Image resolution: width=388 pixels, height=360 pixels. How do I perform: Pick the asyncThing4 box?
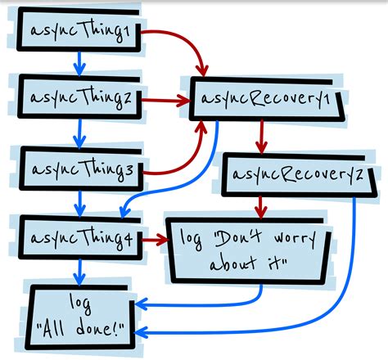79,239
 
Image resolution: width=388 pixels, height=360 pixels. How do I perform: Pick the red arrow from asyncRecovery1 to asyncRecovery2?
261,136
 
